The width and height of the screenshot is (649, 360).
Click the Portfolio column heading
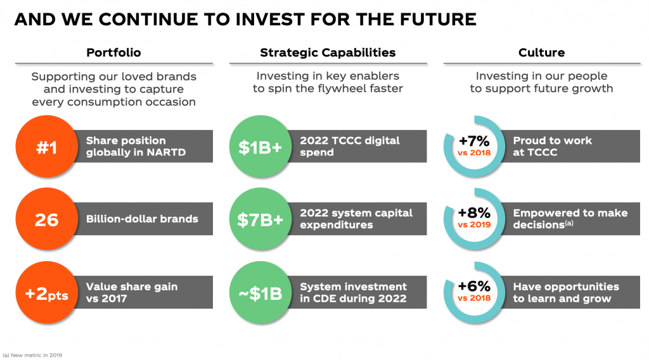113,53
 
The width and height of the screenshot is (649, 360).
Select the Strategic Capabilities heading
328,53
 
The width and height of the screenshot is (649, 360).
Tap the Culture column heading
541,53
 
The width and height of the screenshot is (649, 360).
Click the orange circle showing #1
47,146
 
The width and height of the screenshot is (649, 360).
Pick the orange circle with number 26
47,219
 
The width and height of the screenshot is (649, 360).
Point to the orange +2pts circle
47,293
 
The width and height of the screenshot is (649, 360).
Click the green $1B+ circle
260,146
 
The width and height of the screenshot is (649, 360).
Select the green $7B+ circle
260,219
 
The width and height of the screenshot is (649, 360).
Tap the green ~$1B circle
260,293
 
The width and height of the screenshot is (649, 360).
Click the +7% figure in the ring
474,141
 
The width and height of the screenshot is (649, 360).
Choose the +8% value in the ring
474,213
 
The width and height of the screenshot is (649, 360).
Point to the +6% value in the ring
474,286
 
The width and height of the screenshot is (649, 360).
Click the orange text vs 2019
474,225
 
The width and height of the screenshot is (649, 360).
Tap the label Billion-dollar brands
142,219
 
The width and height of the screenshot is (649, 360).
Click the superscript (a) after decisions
569,223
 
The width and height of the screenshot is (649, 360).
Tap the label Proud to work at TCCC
553,146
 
